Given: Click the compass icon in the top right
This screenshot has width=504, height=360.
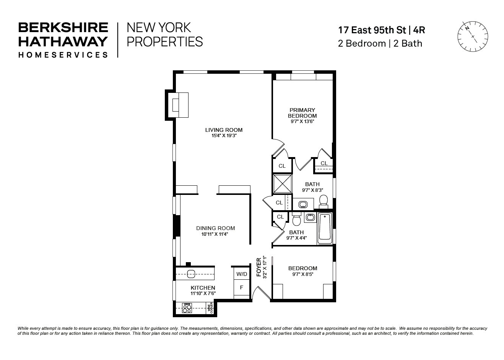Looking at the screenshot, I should pos(473,36).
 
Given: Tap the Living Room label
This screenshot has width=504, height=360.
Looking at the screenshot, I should pos(224,130).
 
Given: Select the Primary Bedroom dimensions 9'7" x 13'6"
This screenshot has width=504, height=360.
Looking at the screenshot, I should pos(302,122).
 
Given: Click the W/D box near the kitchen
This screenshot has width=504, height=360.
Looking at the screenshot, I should pos(242,274).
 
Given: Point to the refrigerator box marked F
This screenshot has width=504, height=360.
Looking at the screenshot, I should pos(241,287).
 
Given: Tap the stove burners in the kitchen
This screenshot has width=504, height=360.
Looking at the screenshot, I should pos(187,308).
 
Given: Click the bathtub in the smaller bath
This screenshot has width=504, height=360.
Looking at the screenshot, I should pos(325,228).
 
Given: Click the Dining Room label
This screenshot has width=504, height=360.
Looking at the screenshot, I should pos(215,228).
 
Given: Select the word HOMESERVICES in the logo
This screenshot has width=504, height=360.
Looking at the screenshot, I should pos(63,55).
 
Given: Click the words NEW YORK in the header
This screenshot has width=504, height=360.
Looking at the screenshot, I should pos(158,28).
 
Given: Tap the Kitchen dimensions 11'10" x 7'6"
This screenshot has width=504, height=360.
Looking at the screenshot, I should pos(203,294).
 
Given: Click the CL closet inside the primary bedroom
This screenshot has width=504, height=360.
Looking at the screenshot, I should pos(324,163).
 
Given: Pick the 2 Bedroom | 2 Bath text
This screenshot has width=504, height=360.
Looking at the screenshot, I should pos(380,44).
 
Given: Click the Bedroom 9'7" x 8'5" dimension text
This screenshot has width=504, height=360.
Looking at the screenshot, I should pos(302,274).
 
